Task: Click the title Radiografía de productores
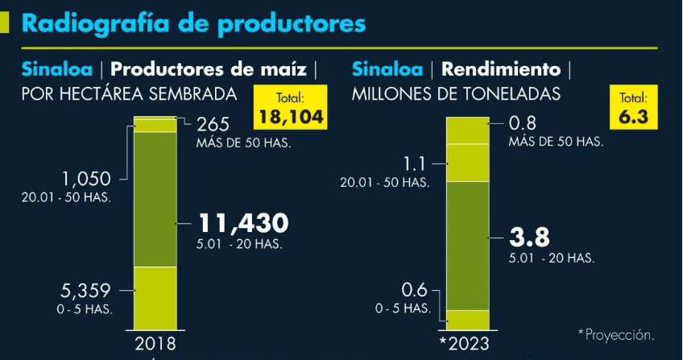(193, 23)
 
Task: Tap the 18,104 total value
(291, 118)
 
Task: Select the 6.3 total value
(632, 118)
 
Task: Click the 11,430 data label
(243, 223)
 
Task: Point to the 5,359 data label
(85, 290)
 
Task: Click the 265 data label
(213, 124)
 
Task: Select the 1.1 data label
(415, 163)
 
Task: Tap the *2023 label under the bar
(466, 345)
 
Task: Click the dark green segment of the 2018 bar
(155, 198)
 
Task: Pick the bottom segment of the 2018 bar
(155, 297)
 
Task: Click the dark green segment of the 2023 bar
(467, 246)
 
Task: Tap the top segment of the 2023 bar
(467, 130)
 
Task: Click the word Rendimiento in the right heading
(500, 68)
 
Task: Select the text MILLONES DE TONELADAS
(455, 94)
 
